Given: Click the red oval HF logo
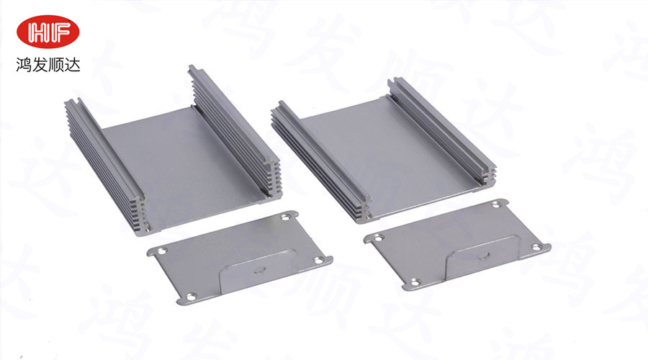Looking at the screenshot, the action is [48, 32].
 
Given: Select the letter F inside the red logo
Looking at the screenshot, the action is [60, 32].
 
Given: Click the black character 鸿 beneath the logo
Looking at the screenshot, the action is [24, 65].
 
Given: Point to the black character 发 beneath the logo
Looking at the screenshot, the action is [40, 65].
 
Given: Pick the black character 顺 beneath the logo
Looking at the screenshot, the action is [55, 65].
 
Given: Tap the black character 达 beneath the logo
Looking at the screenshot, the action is [72, 65].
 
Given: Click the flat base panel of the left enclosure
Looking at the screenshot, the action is [186, 166].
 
